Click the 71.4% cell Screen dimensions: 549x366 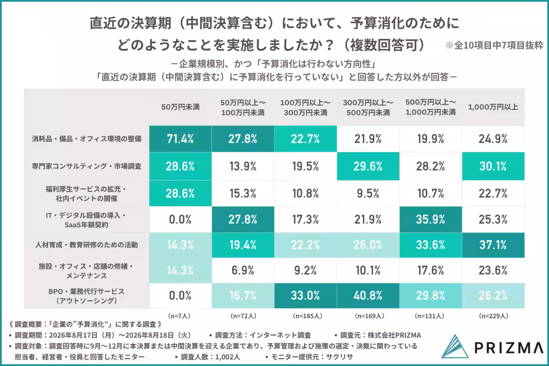(180, 139)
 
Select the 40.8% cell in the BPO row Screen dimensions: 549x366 (368, 296)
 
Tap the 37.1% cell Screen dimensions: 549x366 (493, 245)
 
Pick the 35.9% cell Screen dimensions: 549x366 (431, 220)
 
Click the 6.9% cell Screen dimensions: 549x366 (243, 270)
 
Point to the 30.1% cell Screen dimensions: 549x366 (493, 166)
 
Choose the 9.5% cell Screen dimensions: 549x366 (368, 194)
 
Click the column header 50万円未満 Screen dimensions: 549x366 (180, 107)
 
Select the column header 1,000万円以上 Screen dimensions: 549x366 (493, 107)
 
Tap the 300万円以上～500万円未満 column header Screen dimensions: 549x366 (368, 108)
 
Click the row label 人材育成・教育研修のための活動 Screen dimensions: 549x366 (86, 245)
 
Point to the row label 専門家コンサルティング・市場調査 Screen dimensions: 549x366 (86, 166)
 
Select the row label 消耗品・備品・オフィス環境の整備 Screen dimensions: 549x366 (86, 139)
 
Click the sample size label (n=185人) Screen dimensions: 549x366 (307, 316)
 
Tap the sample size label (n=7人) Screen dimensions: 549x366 (179, 316)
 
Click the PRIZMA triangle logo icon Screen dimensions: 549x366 (455, 346)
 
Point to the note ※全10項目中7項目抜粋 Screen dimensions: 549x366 (494, 45)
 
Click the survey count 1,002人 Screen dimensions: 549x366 (228, 357)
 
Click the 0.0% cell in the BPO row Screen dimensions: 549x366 (180, 296)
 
